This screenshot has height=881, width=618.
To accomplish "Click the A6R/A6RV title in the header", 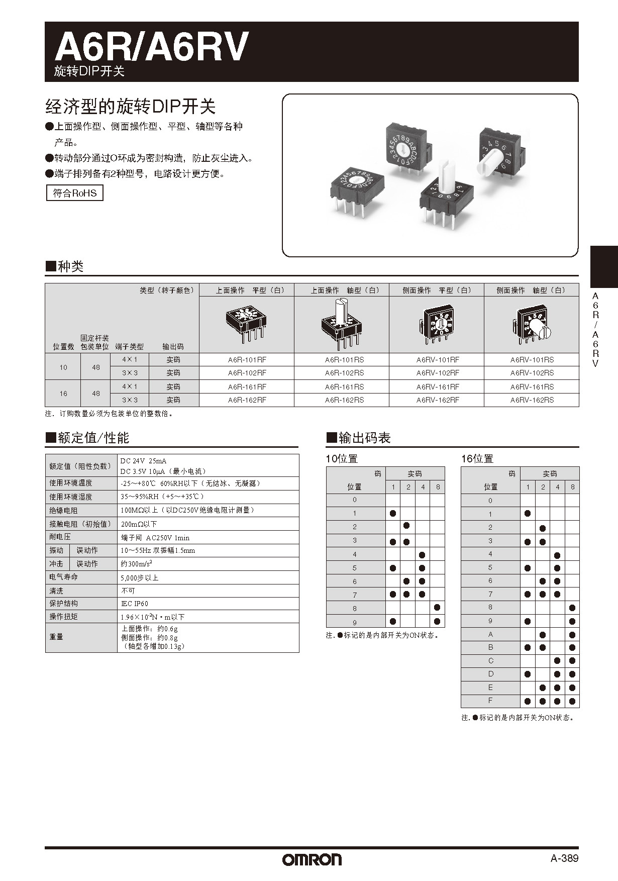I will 151,47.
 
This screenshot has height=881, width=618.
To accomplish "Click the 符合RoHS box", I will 75,193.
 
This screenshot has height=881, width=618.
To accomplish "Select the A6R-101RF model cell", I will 247,360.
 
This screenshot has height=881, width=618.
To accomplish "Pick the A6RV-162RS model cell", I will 532,400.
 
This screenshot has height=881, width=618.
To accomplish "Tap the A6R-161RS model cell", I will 344,387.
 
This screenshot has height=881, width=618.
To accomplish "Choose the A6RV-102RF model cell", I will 438,373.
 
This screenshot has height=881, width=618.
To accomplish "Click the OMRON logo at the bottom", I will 312,859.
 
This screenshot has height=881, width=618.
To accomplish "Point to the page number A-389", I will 564,858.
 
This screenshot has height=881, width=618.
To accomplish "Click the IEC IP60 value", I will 135,604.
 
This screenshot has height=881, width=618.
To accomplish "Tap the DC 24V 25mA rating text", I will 144,460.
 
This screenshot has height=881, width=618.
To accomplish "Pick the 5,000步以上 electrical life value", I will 140,578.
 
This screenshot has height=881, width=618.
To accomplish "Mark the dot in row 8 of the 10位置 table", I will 437,608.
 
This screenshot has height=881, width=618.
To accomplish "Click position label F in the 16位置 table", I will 490,701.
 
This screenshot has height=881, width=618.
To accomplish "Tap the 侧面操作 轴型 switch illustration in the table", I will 532,325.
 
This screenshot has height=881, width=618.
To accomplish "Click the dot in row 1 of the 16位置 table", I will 528,514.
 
